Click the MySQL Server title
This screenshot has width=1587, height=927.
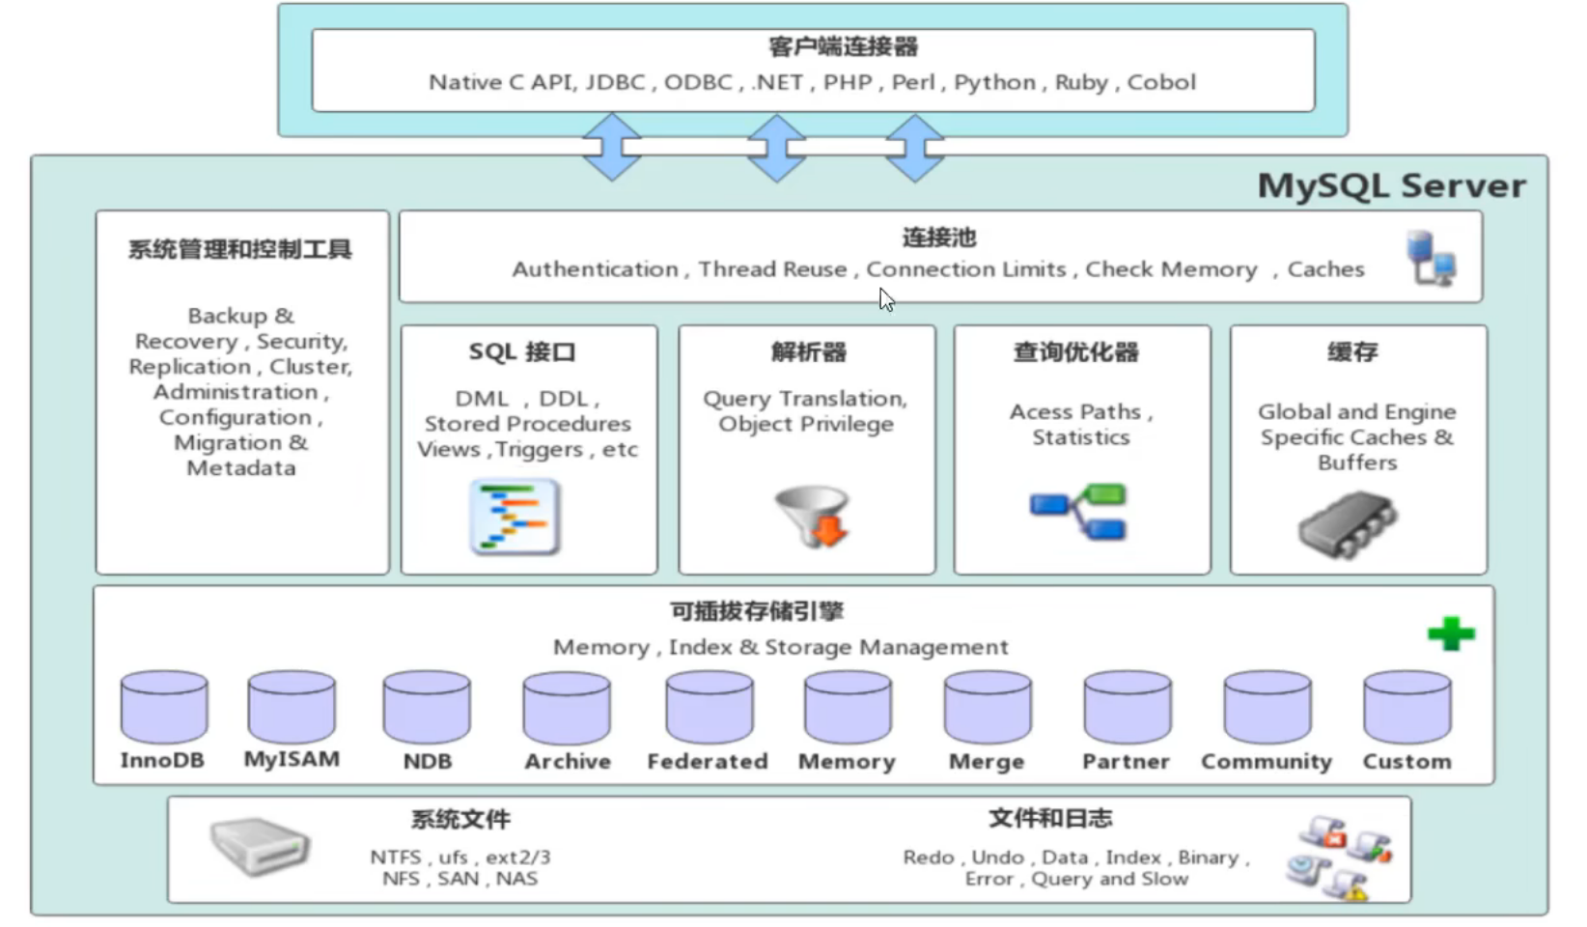tap(1391, 185)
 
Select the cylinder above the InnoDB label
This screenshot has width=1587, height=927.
tap(164, 707)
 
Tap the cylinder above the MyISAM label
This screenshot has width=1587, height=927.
tap(292, 707)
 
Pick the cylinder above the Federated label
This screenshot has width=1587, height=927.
tap(709, 707)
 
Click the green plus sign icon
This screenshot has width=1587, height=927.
tap(1450, 633)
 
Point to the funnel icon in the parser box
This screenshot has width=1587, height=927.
tap(812, 516)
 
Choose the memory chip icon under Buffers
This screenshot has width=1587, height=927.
tap(1348, 524)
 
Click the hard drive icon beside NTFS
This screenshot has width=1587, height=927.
tap(260, 845)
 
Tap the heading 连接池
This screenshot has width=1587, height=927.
tap(939, 238)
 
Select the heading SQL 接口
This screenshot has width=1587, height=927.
tap(522, 352)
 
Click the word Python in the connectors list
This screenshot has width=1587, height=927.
tap(994, 82)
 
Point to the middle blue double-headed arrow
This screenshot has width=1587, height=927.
tap(777, 148)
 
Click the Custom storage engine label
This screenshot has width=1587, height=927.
tap(1406, 761)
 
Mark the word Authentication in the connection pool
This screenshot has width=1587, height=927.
tap(595, 269)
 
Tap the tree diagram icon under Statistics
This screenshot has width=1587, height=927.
tap(1079, 512)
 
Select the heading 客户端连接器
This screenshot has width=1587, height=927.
tap(843, 46)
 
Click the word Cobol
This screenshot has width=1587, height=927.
tap(1161, 82)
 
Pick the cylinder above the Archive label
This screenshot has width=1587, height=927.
tap(567, 707)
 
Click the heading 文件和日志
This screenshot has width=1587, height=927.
tap(1050, 819)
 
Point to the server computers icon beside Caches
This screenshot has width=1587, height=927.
tap(1431, 258)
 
